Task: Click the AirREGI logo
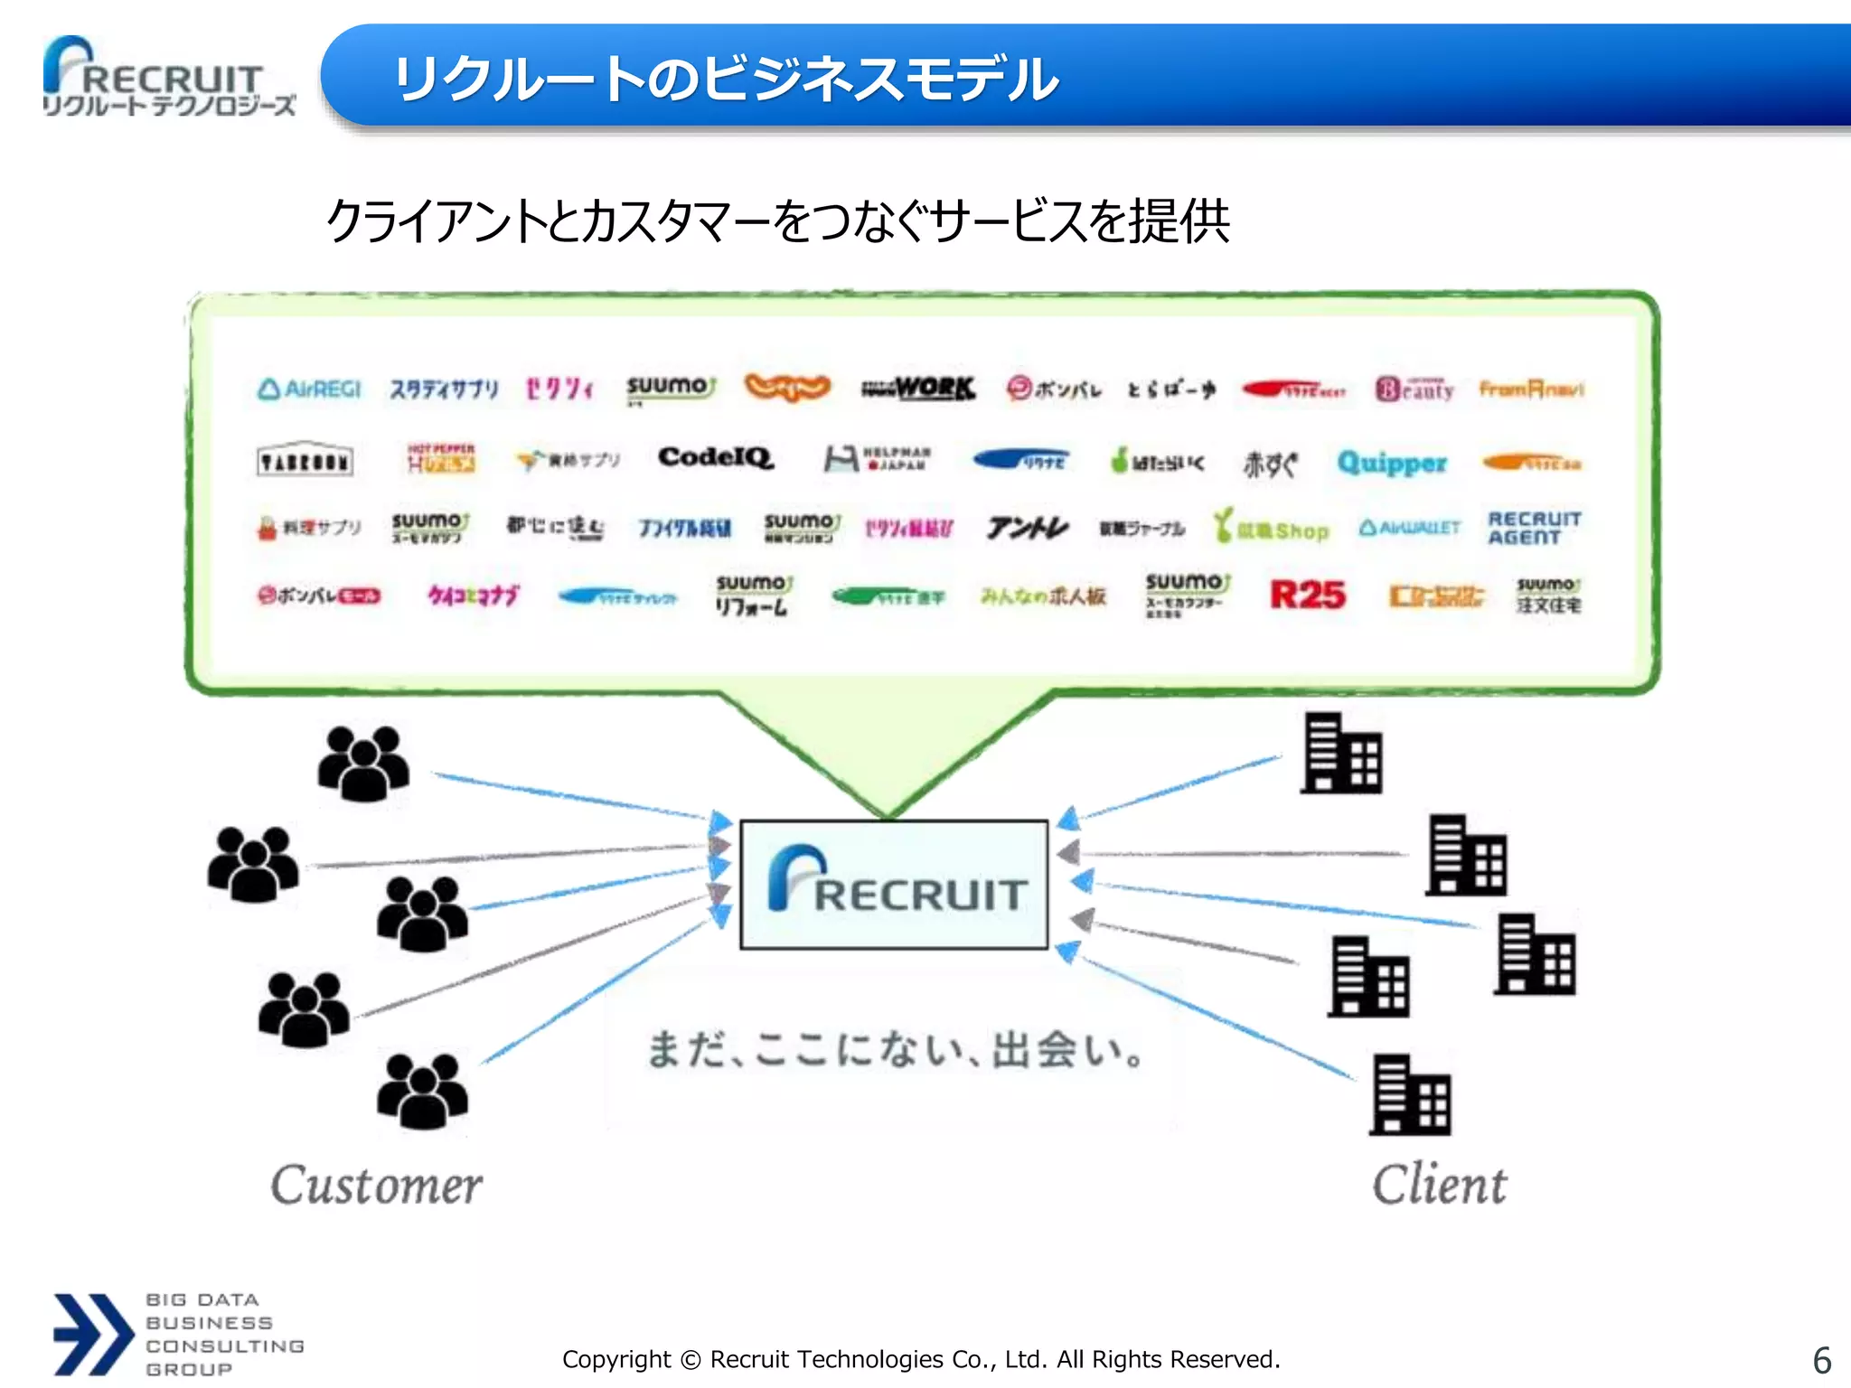click(309, 389)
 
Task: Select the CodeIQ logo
click(715, 457)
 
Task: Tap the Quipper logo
click(1392, 463)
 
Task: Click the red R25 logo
click(1307, 595)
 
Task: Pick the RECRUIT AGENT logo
click(1534, 528)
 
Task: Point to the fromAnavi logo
click(1531, 389)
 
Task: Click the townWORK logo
click(918, 389)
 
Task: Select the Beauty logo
click(1414, 389)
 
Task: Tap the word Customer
click(376, 1185)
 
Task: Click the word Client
click(1439, 1185)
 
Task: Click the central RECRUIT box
click(894, 885)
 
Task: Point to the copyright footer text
click(921, 1359)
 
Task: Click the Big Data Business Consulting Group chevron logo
click(93, 1334)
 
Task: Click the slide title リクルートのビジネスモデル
click(726, 79)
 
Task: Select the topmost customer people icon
click(363, 764)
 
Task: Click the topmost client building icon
click(1341, 754)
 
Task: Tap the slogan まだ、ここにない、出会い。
click(896, 1050)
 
